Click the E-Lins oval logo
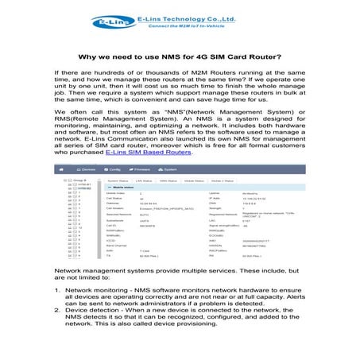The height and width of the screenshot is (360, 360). (x=107, y=21)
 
